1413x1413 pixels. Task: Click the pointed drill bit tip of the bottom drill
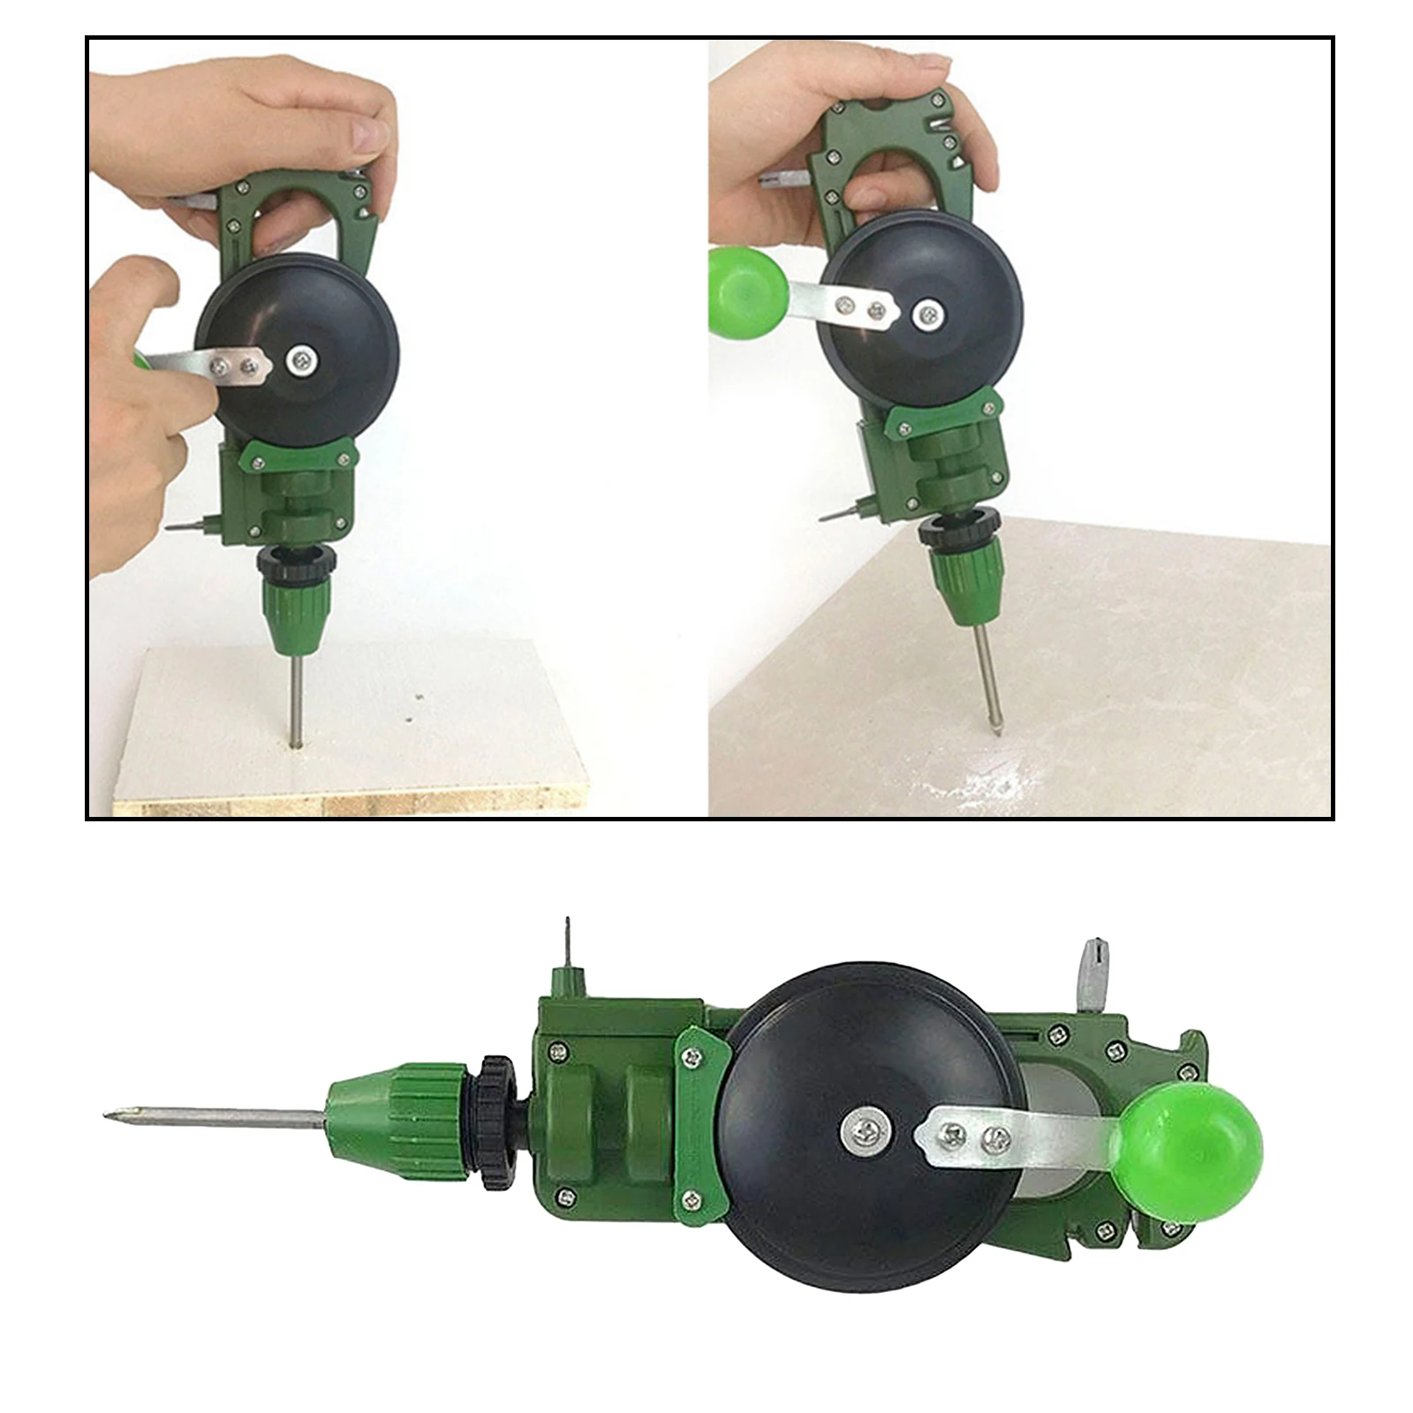pos(110,1115)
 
